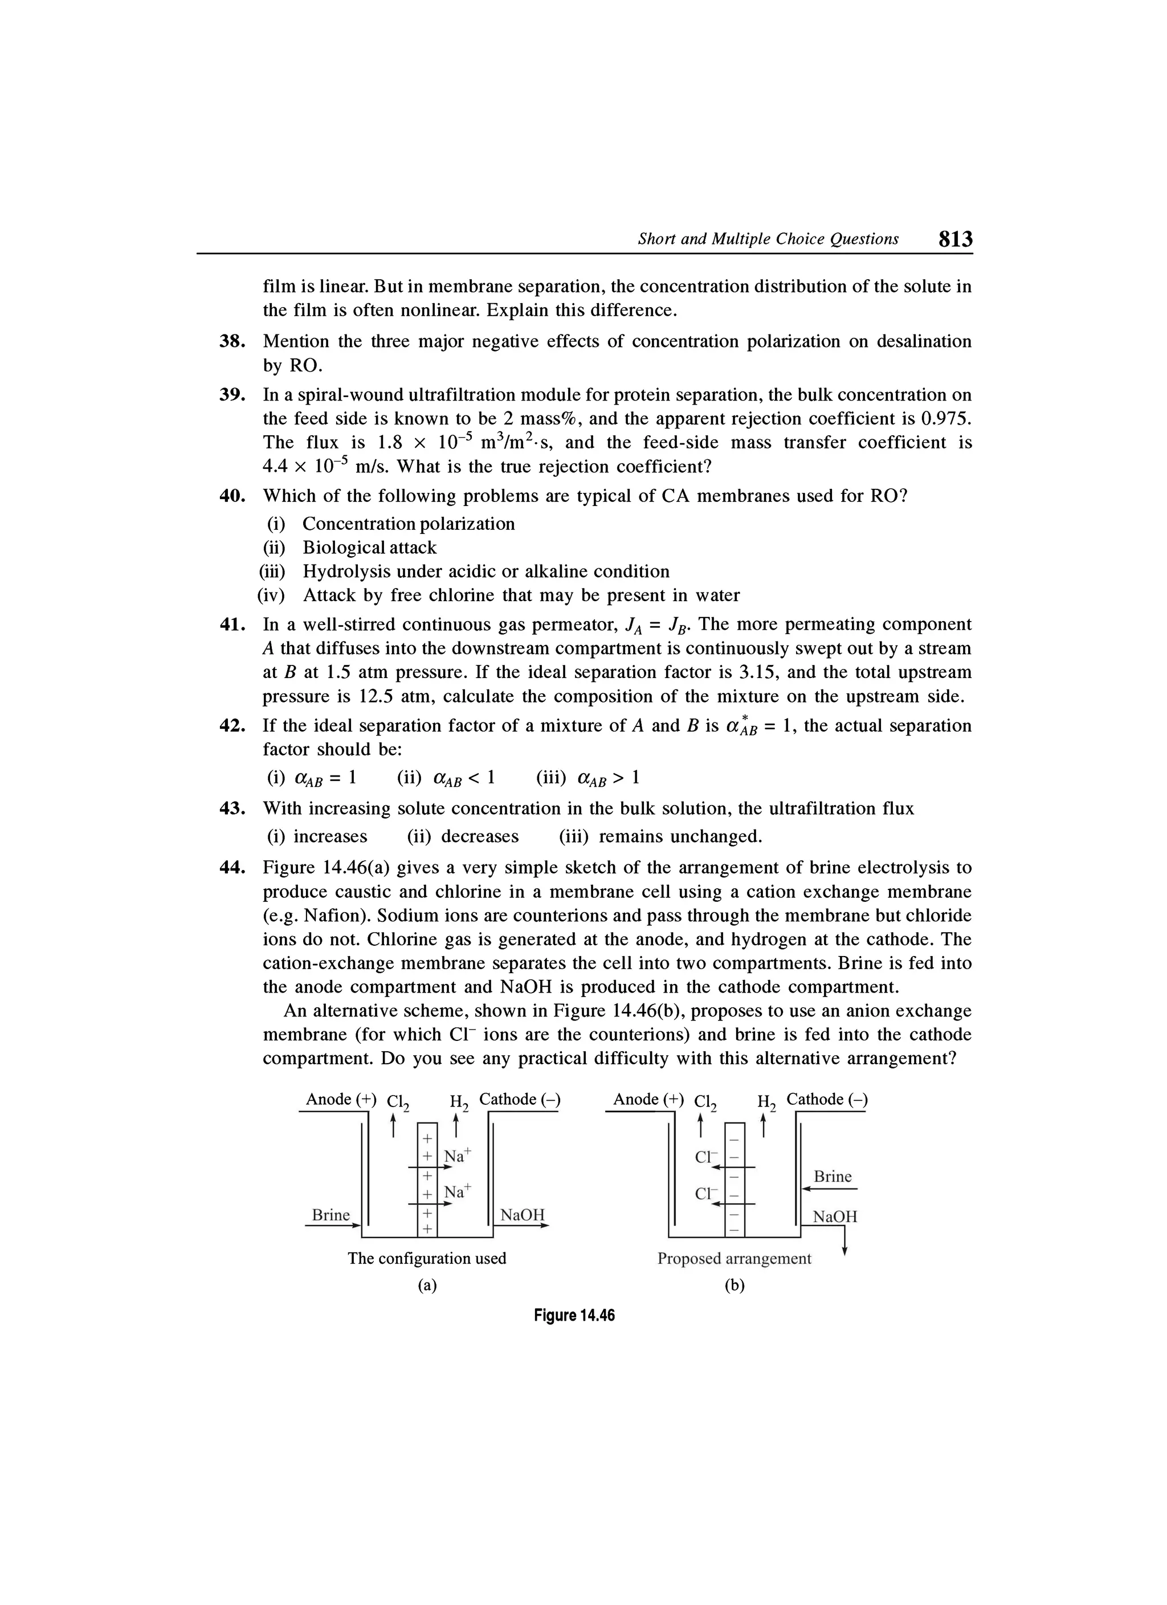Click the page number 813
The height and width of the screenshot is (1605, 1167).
[956, 239]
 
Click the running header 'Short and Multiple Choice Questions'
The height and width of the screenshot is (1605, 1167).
[768, 239]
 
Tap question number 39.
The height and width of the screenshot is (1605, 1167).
[232, 395]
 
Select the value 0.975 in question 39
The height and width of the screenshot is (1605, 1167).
[945, 419]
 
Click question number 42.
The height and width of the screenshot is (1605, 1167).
[232, 725]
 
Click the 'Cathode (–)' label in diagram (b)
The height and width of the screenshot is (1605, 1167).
[827, 1099]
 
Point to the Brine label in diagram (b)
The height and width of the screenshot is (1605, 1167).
[833, 1176]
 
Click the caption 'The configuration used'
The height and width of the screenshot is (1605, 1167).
[427, 1258]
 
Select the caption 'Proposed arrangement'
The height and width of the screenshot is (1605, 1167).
[734, 1258]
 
